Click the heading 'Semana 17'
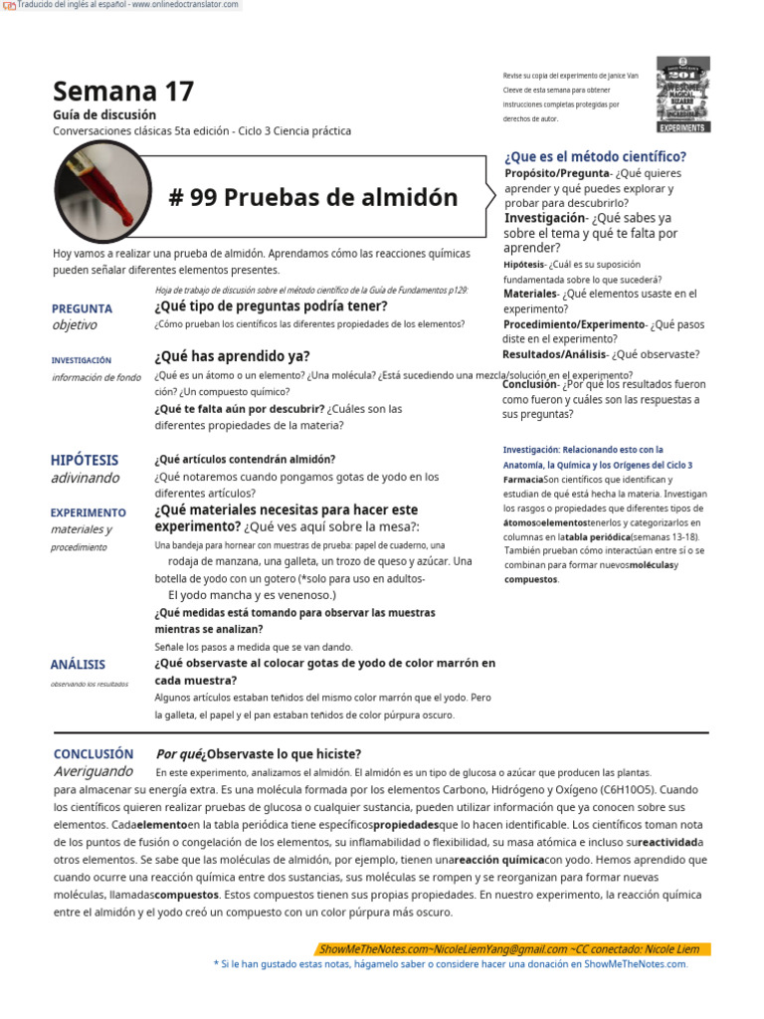[123, 92]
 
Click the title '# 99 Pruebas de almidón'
[313, 197]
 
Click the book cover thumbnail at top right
[683, 95]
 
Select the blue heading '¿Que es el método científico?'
[595, 156]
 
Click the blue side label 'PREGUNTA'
[82, 308]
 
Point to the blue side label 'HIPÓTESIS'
[85, 460]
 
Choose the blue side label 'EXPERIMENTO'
[89, 512]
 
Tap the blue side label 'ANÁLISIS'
[78, 664]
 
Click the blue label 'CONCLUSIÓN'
[94, 754]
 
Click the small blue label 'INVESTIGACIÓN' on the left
[82, 360]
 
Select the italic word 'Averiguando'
[93, 771]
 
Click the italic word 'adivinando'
[85, 478]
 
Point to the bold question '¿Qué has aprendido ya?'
[232, 356]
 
